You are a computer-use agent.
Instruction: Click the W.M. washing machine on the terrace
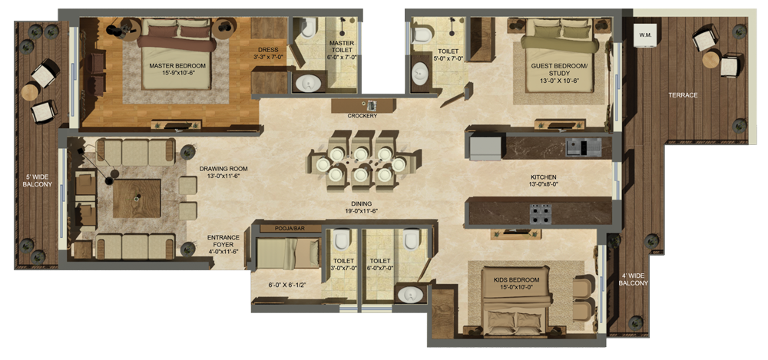[x=644, y=35]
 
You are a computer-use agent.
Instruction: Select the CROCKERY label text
[x=362, y=116]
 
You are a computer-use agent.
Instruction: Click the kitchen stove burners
[x=540, y=213]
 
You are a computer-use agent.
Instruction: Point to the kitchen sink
[x=584, y=147]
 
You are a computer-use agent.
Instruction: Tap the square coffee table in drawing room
[x=137, y=198]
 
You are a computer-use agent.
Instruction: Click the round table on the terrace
[x=710, y=60]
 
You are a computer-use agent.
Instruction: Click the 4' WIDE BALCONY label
[x=634, y=279]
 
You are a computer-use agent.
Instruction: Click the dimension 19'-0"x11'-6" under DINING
[x=362, y=211]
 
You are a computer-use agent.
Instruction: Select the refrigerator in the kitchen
[x=485, y=148]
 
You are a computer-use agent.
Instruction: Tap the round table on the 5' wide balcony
[x=30, y=91]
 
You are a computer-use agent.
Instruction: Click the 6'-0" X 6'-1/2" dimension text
[x=287, y=285]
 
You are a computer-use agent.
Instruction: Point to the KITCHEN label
[x=544, y=177]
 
